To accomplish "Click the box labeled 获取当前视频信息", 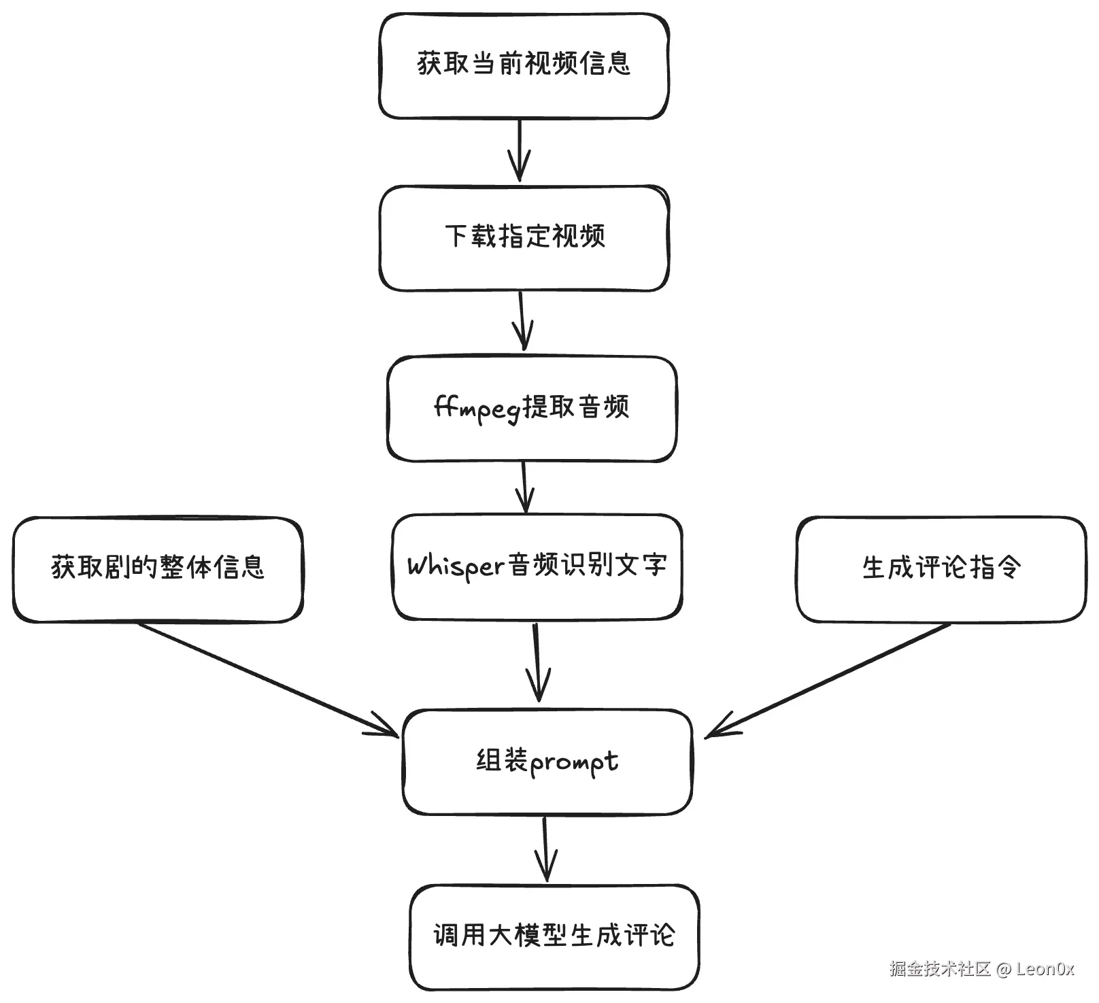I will click(524, 65).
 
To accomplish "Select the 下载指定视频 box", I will click(524, 238).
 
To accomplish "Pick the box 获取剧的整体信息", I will click(158, 568).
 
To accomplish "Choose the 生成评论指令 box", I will click(941, 568).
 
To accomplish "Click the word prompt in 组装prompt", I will click(573, 763).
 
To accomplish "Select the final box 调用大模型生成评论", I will click(554, 936).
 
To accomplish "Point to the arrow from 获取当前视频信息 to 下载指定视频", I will click(520, 150).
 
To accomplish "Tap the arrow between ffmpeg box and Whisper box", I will click(524, 487).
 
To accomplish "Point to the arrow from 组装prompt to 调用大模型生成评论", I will click(545, 849).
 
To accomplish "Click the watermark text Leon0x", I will click(1045, 969).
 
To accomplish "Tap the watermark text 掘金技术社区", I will click(940, 969).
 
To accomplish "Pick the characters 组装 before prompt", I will click(502, 761).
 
